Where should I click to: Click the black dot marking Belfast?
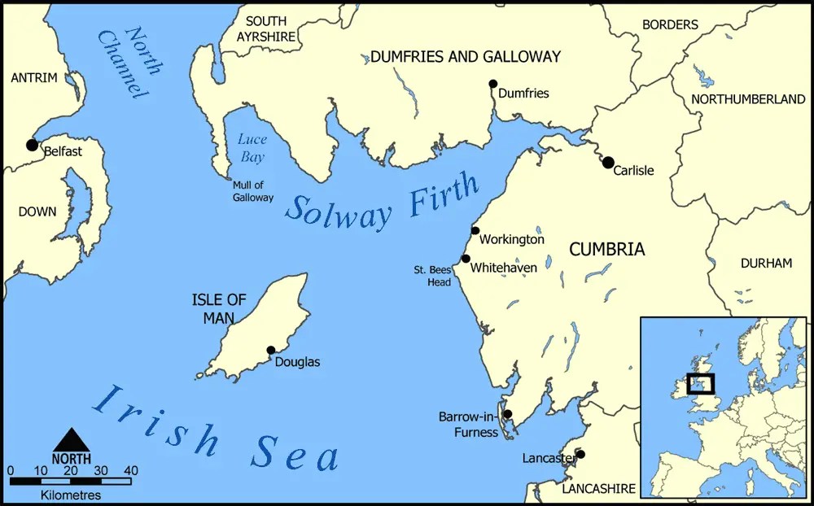point(32,145)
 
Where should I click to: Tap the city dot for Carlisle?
point(608,163)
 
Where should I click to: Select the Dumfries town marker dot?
point(492,84)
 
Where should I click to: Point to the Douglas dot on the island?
point(271,350)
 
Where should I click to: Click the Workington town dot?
point(475,230)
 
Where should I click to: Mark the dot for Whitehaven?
point(466,259)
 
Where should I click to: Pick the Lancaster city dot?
point(580,454)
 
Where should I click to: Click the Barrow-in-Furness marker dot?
point(507,414)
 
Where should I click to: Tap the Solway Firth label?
point(383,200)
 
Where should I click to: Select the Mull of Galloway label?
point(253,191)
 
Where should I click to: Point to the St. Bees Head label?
point(432,274)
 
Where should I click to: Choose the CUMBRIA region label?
point(606,250)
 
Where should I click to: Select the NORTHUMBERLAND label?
point(748,99)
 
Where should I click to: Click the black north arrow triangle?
point(72,439)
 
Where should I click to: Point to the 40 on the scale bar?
point(131,470)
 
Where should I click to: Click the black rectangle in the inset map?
point(700,383)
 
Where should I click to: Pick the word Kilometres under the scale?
point(71,495)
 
